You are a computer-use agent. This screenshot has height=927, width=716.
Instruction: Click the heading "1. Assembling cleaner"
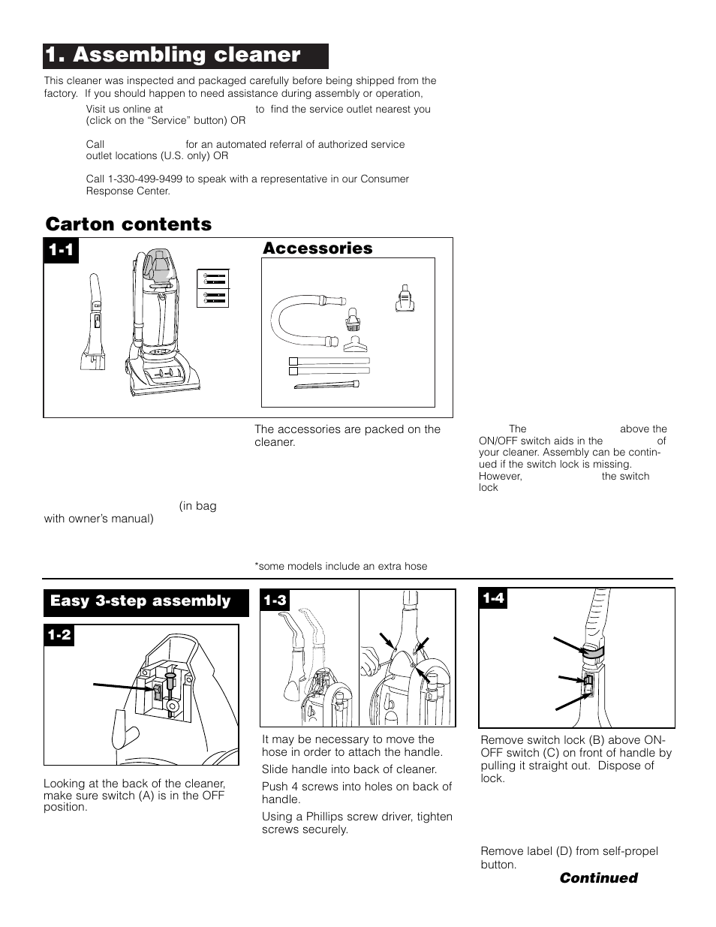(x=173, y=56)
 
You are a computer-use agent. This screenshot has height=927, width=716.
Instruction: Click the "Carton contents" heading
(x=128, y=224)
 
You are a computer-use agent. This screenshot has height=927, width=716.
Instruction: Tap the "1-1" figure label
(x=62, y=251)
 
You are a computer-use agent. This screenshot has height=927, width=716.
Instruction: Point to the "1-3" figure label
(x=275, y=600)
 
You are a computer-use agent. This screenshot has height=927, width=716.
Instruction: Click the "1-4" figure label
(x=494, y=598)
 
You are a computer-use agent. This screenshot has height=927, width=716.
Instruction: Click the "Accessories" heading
(x=317, y=248)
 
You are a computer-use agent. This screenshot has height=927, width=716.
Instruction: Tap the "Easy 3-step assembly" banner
(x=140, y=601)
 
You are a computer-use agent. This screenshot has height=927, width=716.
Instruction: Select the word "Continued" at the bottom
(x=597, y=878)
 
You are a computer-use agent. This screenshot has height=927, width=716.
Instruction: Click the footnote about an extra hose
(x=341, y=567)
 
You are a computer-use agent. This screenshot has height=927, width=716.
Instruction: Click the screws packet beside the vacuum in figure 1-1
(x=213, y=287)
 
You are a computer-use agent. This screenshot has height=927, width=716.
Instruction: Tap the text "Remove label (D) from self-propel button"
(x=569, y=857)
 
